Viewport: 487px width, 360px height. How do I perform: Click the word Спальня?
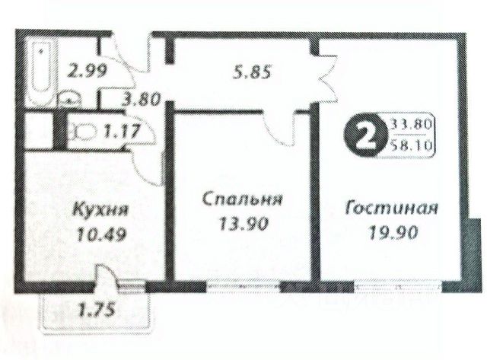tap(243, 200)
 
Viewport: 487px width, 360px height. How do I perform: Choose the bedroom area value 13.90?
tap(243, 225)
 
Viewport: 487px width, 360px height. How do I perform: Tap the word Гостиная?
tap(391, 207)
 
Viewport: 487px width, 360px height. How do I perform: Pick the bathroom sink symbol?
tap(71, 97)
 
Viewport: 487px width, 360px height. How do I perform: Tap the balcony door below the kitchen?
tap(110, 288)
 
